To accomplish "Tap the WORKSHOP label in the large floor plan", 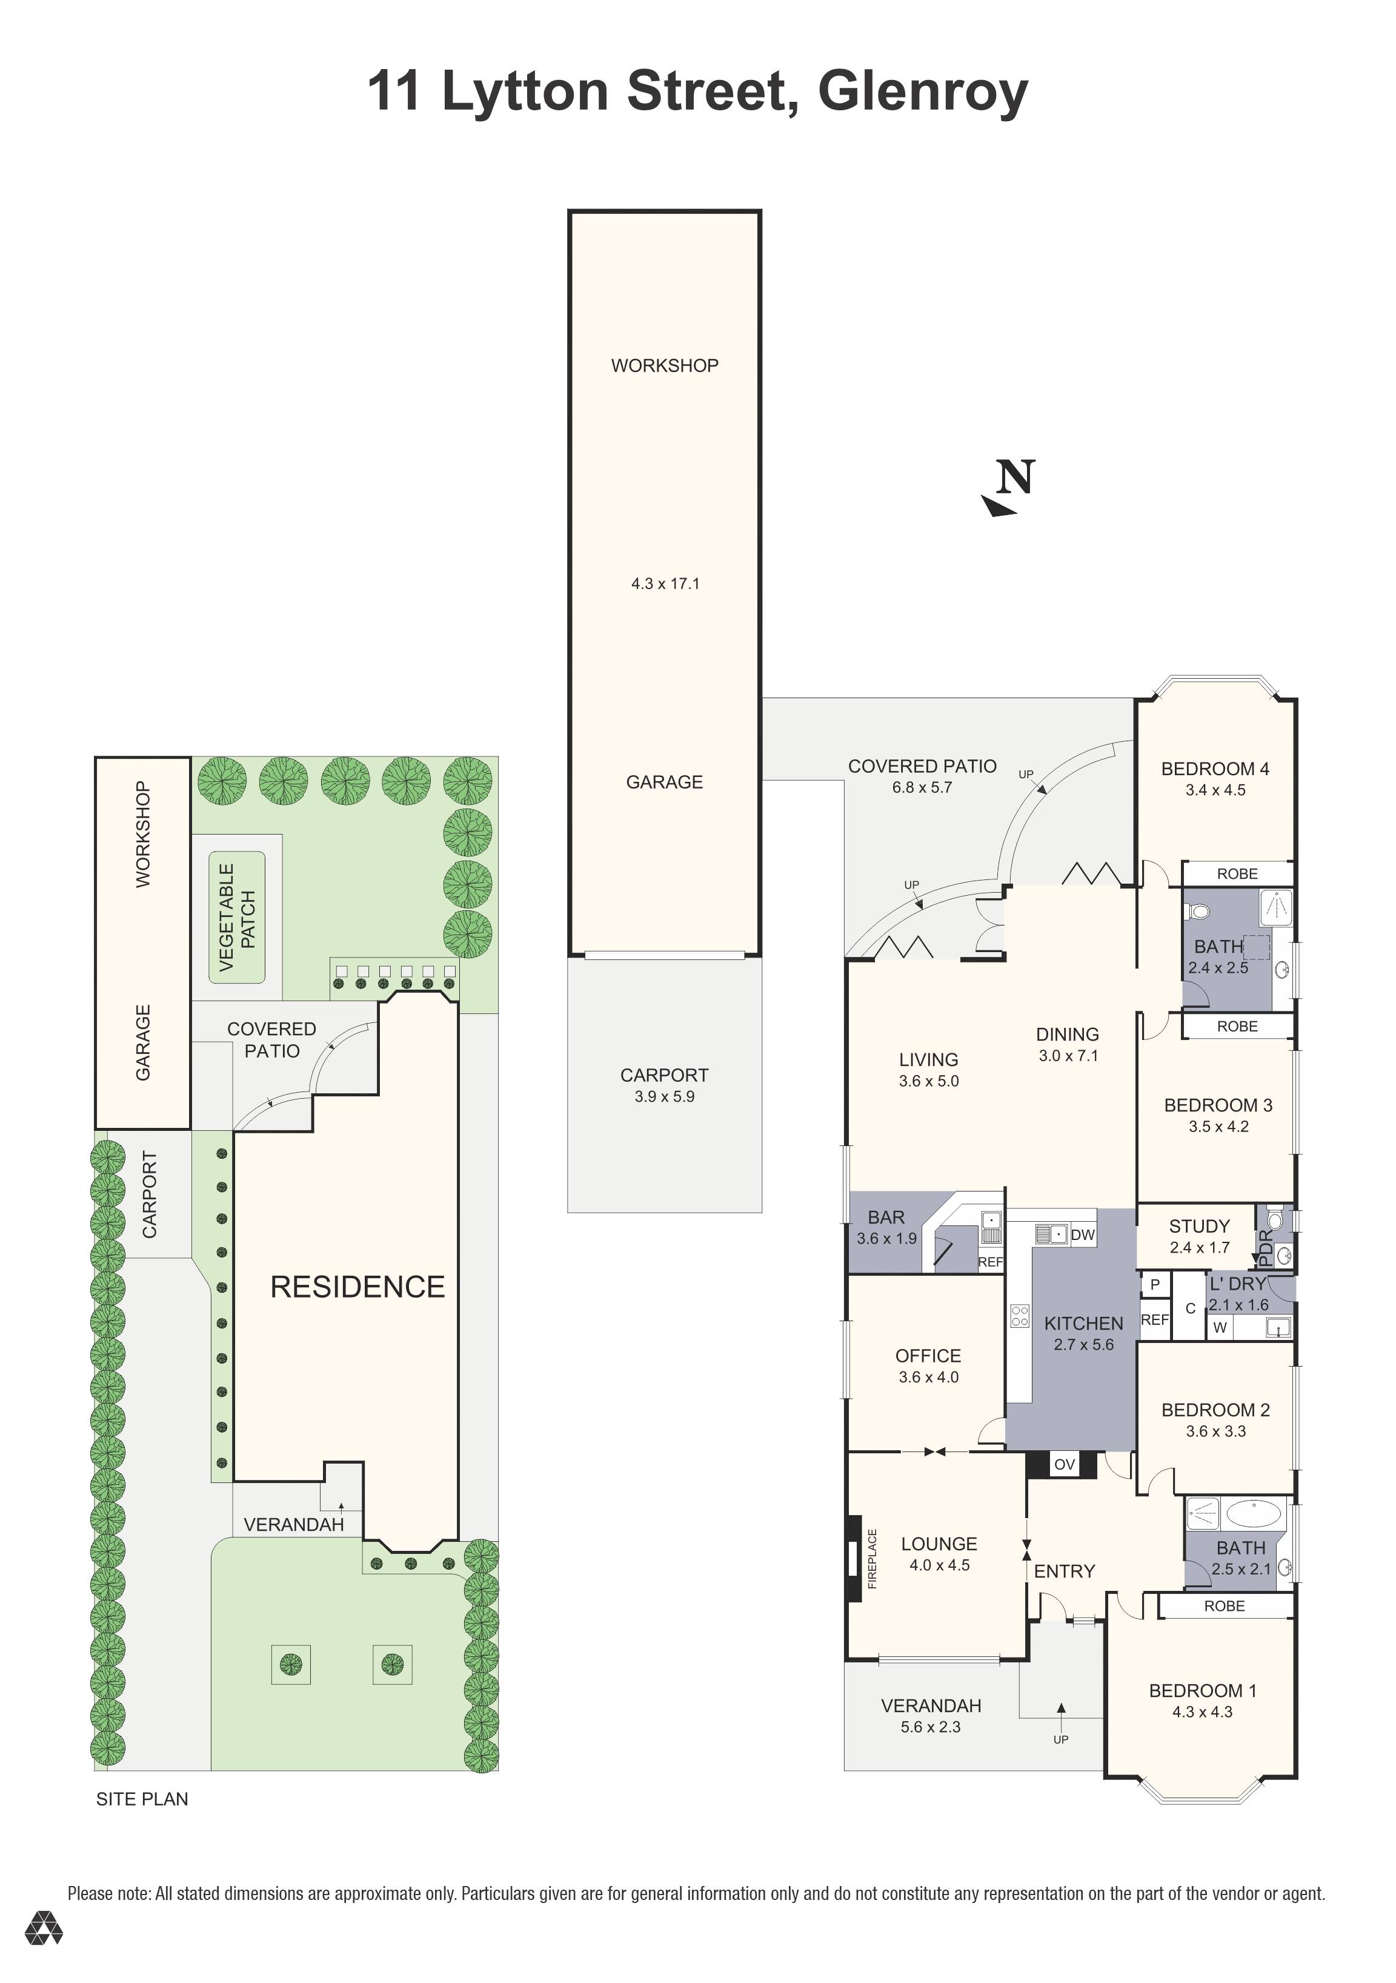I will pos(664,365).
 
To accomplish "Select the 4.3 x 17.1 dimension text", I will pos(665,584).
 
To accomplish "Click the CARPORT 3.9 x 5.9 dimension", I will pos(664,1097).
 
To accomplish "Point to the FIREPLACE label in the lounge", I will pos(872,1559).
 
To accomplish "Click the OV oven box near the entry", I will pos(1065,1464).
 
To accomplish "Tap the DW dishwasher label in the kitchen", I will pos(1083,1235).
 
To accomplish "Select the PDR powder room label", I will pos(1266,1247).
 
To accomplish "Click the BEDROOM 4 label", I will pos(1215,768).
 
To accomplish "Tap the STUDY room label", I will pos(1199,1227).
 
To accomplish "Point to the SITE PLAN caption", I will pos(142,1799).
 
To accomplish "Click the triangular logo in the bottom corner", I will pos(43,1928).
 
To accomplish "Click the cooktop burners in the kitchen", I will pos(1020,1315).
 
